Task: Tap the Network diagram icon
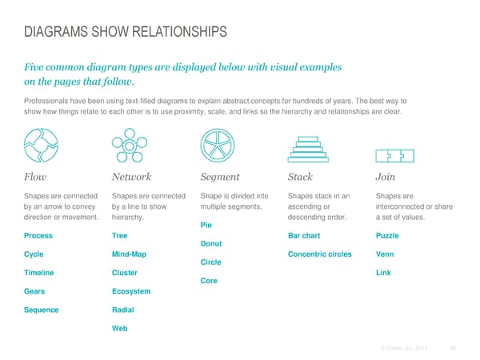pyautogui.click(x=128, y=145)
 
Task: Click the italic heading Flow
pyautogui.click(x=37, y=177)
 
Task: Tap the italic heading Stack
pyautogui.click(x=299, y=177)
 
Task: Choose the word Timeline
pyautogui.click(x=41, y=273)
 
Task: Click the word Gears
pyautogui.click(x=36, y=291)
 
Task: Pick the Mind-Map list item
pyautogui.click(x=130, y=254)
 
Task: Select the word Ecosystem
pyautogui.click(x=131, y=291)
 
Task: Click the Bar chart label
pyautogui.click(x=304, y=236)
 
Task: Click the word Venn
pyautogui.click(x=384, y=254)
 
